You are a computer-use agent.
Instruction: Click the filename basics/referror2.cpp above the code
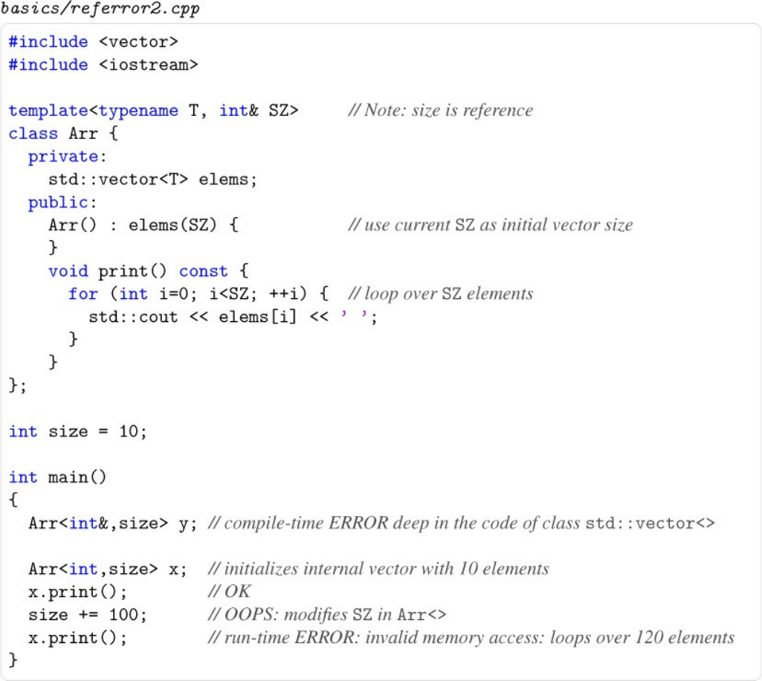pos(100,10)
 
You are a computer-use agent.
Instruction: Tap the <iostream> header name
pos(148,65)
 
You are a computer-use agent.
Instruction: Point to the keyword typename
pos(138,111)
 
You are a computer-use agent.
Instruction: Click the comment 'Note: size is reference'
pos(441,111)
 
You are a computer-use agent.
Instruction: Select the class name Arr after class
pos(83,134)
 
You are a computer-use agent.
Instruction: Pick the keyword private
pos(63,157)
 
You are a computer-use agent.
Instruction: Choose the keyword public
pos(58,202)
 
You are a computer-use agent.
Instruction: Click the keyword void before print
pos(68,271)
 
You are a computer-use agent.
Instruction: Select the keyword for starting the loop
pos(83,294)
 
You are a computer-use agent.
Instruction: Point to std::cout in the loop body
pos(133,317)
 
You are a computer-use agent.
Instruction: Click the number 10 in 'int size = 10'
pos(129,432)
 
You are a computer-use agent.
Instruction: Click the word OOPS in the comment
pos(248,615)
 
